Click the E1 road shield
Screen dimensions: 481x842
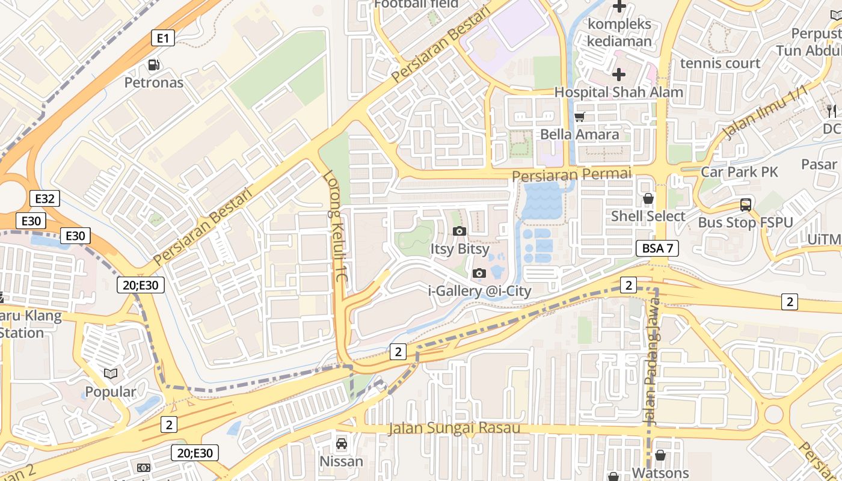click(x=162, y=38)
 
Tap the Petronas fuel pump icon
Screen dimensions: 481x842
click(x=154, y=65)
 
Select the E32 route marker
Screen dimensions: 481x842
click(x=45, y=198)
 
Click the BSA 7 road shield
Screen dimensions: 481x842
click(x=657, y=248)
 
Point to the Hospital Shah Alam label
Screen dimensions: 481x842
click(x=618, y=92)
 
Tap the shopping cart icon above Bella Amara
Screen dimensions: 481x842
click(x=580, y=117)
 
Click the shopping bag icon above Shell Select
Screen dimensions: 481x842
click(x=648, y=198)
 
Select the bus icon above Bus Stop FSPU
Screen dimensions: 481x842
click(x=746, y=205)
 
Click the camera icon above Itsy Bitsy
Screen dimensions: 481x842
click(x=459, y=231)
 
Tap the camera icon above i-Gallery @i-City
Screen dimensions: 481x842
click(x=479, y=273)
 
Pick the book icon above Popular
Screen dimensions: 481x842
click(x=110, y=374)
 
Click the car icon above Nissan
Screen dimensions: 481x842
click(x=342, y=444)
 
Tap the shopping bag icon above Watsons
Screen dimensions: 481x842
click(x=660, y=455)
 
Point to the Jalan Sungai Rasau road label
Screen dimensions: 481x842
click(x=454, y=428)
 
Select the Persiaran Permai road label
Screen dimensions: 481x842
click(x=572, y=174)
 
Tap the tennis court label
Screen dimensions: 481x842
click(x=720, y=63)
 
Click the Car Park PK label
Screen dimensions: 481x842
click(x=739, y=172)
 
